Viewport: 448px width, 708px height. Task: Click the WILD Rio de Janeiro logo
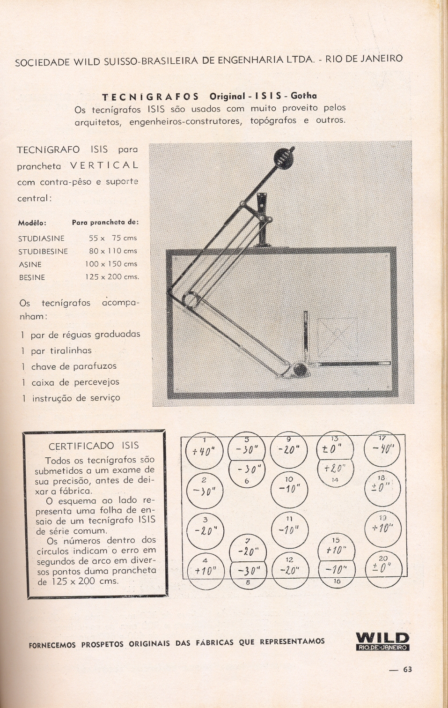coord(382,641)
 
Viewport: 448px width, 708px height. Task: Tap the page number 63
coord(407,669)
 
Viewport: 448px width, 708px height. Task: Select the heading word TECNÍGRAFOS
coord(150,97)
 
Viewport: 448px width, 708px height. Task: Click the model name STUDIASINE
coord(41,238)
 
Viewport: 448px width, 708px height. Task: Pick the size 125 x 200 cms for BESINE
coord(112,277)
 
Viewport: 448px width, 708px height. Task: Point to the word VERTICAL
coord(104,165)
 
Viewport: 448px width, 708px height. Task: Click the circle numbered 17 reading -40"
coord(382,449)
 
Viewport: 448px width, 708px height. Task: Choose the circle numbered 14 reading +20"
coord(335,470)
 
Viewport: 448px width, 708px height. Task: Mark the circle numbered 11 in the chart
coord(289,530)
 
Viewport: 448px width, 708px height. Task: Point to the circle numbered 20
coord(383,568)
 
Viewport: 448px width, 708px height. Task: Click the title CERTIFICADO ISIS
coord(94,446)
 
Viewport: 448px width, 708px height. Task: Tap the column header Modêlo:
coord(32,223)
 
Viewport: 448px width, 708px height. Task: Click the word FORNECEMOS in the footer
coord(52,645)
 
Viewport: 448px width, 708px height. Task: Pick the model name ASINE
coord(30,265)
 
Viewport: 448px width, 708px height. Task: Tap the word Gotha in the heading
coord(303,96)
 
